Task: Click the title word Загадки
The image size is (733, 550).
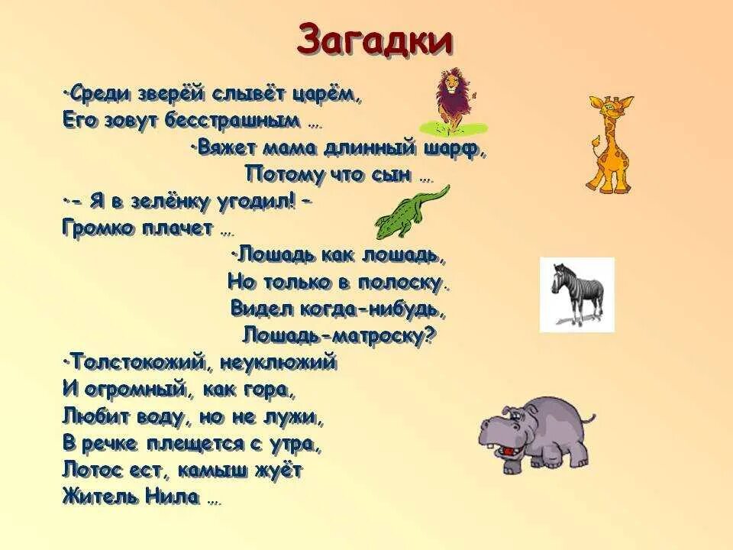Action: [374, 40]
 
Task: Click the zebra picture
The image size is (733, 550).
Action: [577, 293]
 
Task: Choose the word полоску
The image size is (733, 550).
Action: [402, 283]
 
